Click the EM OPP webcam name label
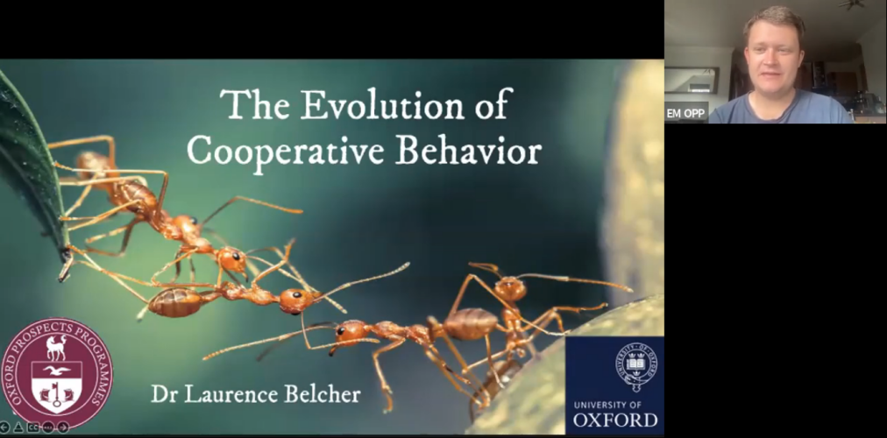[685, 113]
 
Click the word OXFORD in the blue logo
[615, 420]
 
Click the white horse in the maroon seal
[56, 347]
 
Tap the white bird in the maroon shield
[57, 371]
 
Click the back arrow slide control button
[4, 427]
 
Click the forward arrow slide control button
[63, 427]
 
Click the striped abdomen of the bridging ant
[174, 302]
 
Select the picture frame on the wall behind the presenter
[692, 80]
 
